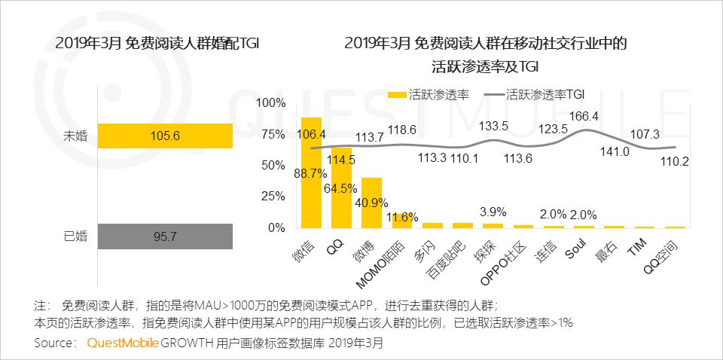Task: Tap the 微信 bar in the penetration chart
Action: [311, 172]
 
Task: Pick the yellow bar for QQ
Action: [341, 188]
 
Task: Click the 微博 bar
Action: [371, 203]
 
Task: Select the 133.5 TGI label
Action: [494, 125]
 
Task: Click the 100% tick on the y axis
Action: [271, 102]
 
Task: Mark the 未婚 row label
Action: [76, 136]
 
